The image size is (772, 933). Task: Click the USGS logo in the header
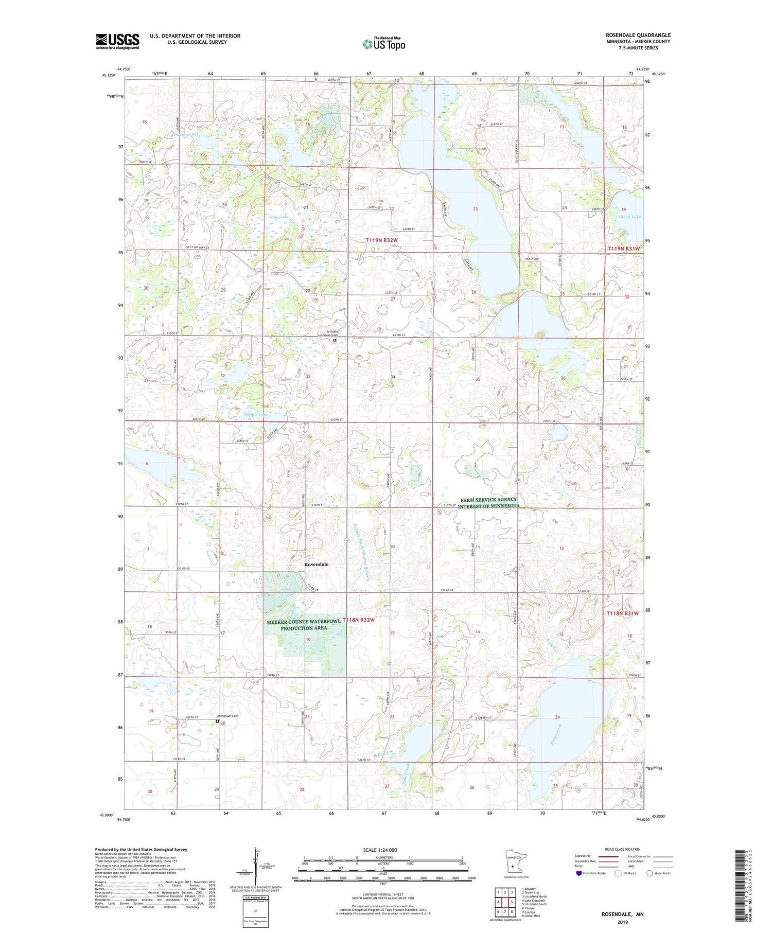point(117,41)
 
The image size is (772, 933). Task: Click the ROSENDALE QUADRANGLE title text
point(638,35)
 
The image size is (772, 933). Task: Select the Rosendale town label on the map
point(316,565)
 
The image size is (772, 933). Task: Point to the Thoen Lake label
point(629,217)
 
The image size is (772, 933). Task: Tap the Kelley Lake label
point(279,217)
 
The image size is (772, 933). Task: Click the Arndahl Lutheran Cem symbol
point(334,340)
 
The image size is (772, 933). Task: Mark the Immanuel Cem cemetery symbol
point(217,721)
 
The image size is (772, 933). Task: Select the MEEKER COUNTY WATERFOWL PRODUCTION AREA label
point(304,625)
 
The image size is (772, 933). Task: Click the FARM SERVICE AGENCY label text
point(488,499)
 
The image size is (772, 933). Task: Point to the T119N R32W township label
point(382,240)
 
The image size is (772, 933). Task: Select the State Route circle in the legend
point(650,873)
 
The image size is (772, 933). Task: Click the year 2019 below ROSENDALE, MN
point(622,922)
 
